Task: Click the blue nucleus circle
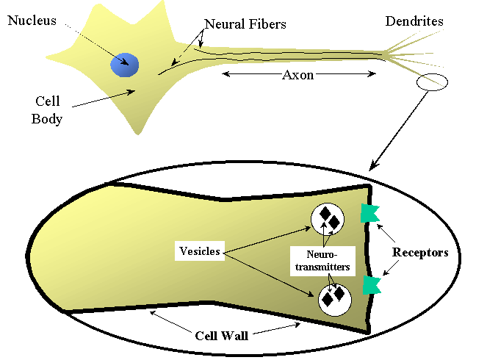click(x=125, y=64)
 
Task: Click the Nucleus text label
click(x=32, y=21)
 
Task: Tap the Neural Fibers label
click(x=245, y=24)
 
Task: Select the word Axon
click(x=298, y=75)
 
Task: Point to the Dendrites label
click(x=414, y=21)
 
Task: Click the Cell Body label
click(x=46, y=109)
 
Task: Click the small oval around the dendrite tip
click(x=431, y=82)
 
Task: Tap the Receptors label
click(x=419, y=253)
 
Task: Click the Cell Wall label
click(x=221, y=336)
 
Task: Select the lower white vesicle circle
click(x=333, y=298)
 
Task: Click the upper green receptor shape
click(x=369, y=214)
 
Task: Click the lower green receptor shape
click(x=372, y=284)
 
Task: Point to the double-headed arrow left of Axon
click(x=250, y=74)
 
